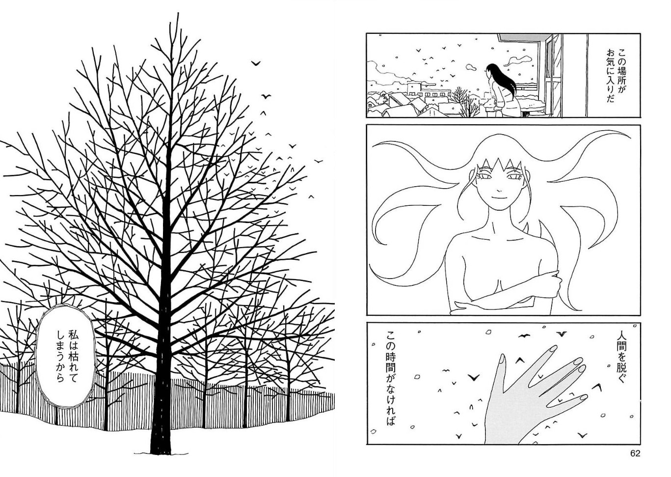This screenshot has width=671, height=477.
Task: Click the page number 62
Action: click(x=635, y=462)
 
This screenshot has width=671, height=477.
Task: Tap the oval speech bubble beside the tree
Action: click(x=65, y=356)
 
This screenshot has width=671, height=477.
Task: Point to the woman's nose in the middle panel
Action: click(x=498, y=190)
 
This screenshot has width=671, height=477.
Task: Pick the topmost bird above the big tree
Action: click(x=256, y=63)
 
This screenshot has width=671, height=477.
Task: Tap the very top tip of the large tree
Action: click(x=178, y=13)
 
